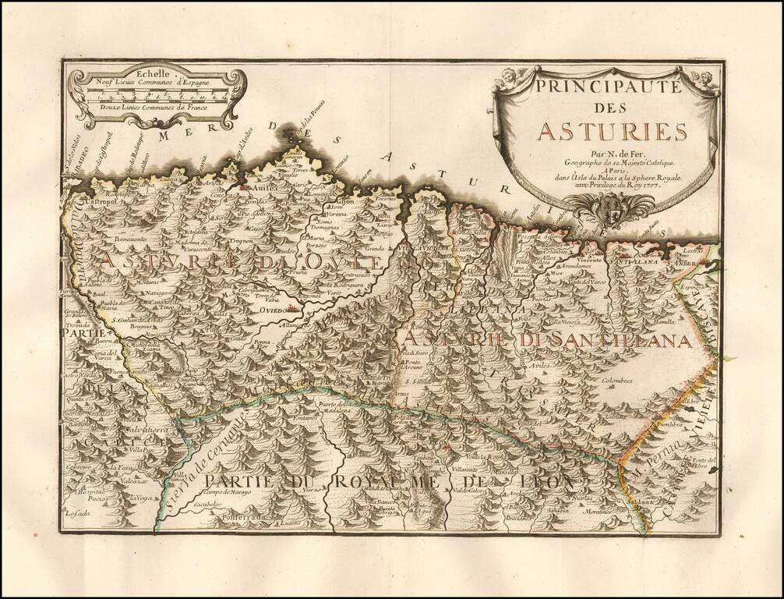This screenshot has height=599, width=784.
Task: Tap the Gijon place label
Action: tap(345, 200)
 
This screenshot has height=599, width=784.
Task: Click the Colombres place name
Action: tap(617, 381)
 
